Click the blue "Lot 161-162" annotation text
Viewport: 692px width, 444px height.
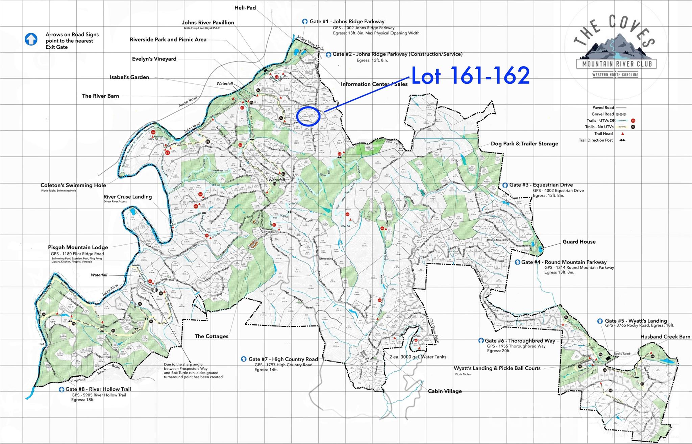470,75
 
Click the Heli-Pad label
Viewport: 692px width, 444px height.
245,8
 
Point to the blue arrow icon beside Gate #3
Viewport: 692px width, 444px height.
505,185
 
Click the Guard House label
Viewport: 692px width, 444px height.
579,242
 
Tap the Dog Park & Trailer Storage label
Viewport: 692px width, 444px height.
524,144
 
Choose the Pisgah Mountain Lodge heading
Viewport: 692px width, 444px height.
78,248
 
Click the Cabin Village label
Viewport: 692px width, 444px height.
444,391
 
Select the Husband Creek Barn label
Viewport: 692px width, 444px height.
665,337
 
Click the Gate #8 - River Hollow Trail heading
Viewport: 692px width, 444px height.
98,389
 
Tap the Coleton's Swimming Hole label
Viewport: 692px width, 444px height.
73,186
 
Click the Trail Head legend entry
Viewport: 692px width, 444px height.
603,134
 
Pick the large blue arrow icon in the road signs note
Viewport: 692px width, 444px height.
31,40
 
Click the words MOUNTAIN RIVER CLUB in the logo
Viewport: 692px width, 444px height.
616,64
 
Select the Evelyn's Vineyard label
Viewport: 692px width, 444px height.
154,59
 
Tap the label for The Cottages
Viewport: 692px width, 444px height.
211,337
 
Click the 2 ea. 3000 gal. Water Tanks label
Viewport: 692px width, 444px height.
418,357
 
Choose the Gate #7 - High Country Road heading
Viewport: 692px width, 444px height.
283,360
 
